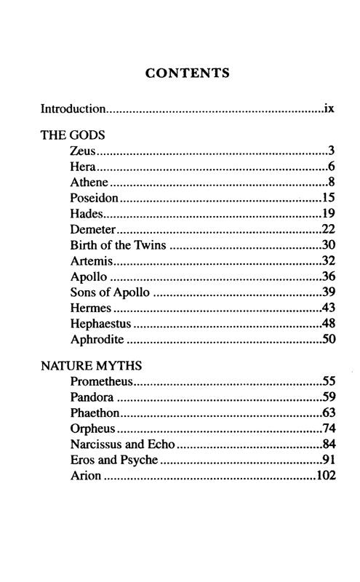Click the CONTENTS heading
(188, 73)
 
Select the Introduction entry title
(73, 110)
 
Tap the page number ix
(329, 110)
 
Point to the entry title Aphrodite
(97, 340)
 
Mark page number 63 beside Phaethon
(327, 412)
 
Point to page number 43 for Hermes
(327, 308)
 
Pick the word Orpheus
(94, 428)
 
